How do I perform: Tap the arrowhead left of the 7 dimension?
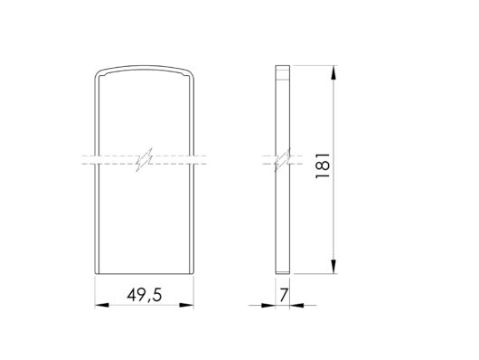(271, 305)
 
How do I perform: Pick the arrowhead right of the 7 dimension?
(295, 305)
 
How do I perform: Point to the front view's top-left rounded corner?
(99, 72)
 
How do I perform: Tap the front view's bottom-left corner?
(96, 271)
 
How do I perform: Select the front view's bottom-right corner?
(193, 271)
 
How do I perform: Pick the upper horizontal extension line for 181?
(316, 66)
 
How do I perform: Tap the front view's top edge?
(145, 67)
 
